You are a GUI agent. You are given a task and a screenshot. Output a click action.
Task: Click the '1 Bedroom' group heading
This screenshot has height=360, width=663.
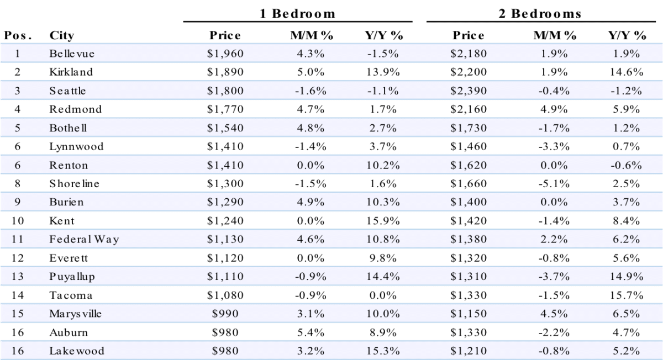(x=297, y=14)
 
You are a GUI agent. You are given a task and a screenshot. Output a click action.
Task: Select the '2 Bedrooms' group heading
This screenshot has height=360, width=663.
(x=540, y=14)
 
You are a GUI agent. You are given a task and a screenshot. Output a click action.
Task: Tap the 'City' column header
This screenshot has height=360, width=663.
(x=61, y=36)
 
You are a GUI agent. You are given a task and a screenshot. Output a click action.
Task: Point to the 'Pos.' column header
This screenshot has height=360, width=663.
(x=18, y=35)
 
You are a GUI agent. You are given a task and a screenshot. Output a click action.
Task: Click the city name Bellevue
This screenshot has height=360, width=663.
(x=72, y=54)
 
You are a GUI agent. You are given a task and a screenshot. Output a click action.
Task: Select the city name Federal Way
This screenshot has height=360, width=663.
(x=84, y=239)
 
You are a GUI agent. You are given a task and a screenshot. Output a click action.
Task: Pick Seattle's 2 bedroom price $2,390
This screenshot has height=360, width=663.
(x=469, y=91)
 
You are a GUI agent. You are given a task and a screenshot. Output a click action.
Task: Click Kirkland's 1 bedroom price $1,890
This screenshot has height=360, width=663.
(x=225, y=72)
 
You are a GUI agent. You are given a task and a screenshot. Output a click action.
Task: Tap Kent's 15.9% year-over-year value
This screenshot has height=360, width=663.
(x=383, y=221)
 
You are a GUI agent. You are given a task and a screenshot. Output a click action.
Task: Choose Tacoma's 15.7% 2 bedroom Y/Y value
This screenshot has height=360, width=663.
(x=627, y=295)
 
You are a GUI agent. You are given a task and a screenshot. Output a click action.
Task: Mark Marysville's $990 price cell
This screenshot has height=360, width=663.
(x=225, y=314)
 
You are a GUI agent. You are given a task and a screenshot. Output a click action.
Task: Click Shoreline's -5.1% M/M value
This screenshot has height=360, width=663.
(x=554, y=183)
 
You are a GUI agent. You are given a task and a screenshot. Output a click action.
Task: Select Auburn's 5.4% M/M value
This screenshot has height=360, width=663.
(x=311, y=332)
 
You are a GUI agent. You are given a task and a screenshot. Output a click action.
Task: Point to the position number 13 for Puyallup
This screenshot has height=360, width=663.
(x=18, y=276)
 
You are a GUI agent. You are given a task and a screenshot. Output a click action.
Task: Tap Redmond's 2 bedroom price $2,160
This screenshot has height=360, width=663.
(x=469, y=109)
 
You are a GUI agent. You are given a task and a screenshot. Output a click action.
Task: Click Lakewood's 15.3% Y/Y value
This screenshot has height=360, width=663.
(x=383, y=351)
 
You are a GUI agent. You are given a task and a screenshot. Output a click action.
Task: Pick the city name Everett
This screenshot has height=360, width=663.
(x=69, y=258)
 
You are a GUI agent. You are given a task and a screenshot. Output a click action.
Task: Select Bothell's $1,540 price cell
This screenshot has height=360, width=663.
(x=225, y=128)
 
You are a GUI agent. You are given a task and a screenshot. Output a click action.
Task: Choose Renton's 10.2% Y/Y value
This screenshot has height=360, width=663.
(x=383, y=165)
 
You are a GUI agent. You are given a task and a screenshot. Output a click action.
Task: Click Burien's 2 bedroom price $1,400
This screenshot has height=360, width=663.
(x=469, y=202)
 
